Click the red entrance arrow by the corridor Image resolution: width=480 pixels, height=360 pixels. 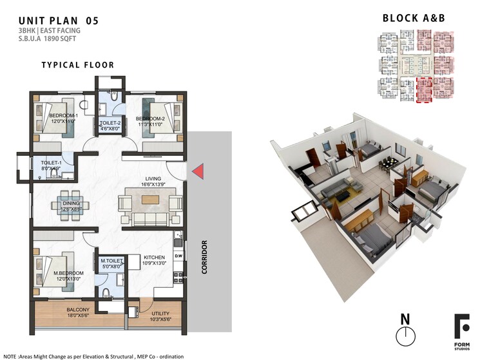(199, 171)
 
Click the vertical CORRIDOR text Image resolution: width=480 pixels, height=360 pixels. (204, 258)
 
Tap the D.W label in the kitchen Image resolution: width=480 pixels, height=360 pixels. (178, 256)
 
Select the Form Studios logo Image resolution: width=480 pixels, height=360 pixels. (462, 329)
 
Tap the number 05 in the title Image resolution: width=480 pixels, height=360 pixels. (91, 21)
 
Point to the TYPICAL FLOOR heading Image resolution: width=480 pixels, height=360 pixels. (77, 65)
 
